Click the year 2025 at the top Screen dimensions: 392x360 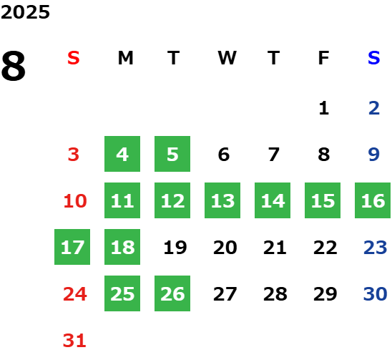coord(25,12)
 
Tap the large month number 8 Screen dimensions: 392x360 coord(14,66)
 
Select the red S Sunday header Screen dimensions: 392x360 coord(74,58)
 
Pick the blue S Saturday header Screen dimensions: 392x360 coord(373,58)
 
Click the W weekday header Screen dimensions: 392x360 coord(227,58)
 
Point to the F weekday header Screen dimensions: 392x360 coord(323,58)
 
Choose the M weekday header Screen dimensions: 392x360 coord(125,58)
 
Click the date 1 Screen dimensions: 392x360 coord(324,108)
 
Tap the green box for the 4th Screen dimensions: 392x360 coord(122,154)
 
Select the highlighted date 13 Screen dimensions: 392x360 coord(222,200)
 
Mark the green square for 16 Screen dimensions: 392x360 coord(373,200)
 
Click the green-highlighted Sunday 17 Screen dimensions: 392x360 coord(72,247)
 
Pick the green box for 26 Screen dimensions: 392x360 coord(172,293)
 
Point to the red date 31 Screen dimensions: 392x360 coord(74,341)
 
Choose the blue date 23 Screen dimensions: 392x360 coord(376,248)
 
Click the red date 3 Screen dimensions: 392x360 coord(74,155)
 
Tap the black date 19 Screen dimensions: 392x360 coord(175,248)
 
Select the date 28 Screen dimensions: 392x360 coord(275,294)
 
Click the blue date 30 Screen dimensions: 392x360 coord(376,294)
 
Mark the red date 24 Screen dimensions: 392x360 coord(75,294)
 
